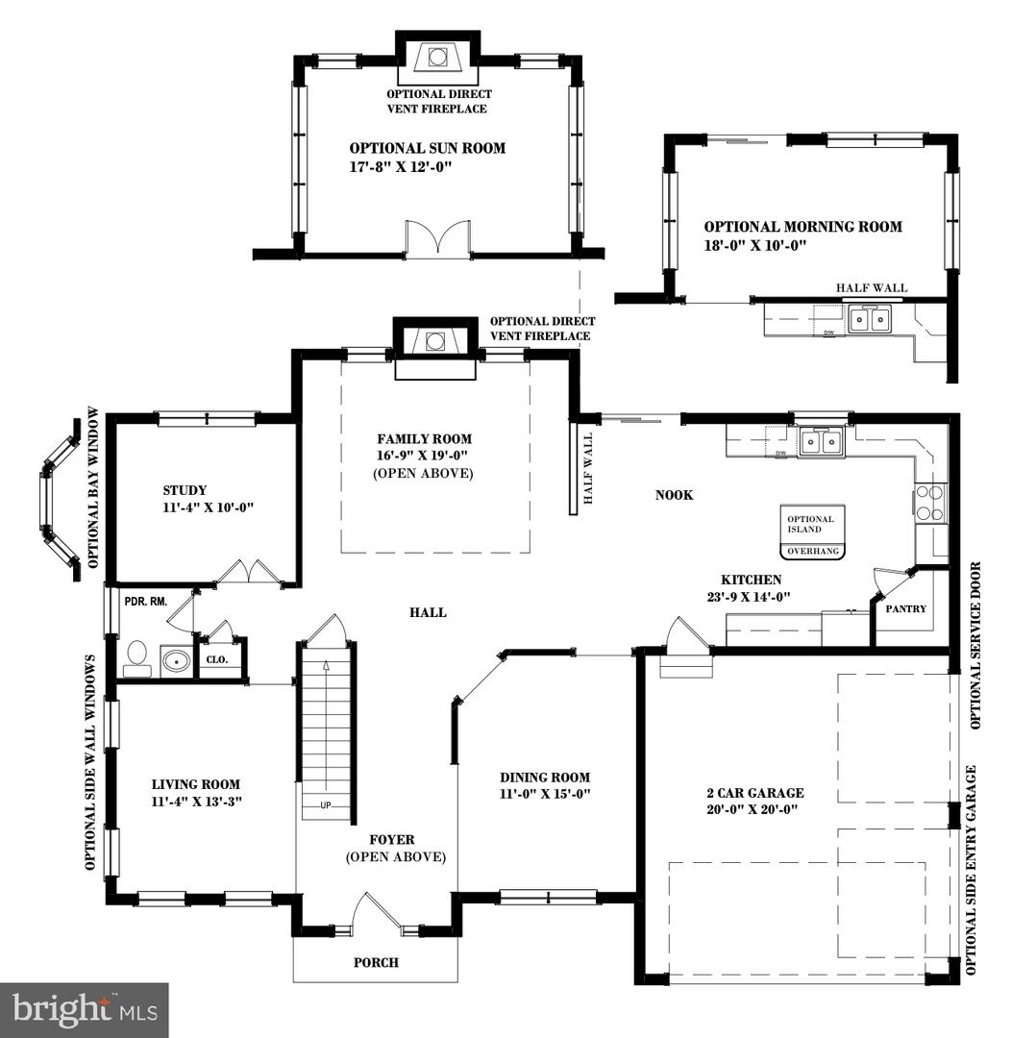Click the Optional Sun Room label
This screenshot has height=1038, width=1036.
click(427, 148)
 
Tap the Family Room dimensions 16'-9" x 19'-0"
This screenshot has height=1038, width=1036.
click(424, 457)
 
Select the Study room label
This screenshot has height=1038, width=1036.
click(185, 490)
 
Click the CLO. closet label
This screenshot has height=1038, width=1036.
click(216, 660)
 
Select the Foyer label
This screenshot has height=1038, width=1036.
click(395, 839)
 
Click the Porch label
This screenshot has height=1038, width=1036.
click(376, 962)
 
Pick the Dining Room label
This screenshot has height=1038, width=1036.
click(544, 778)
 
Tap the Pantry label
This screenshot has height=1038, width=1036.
click(906, 608)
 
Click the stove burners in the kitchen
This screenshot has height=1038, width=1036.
click(930, 502)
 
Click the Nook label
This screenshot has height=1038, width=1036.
click(674, 495)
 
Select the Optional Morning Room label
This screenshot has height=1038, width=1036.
click(802, 227)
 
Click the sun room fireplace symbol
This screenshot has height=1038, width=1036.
click(437, 58)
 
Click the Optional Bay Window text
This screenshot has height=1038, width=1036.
click(93, 487)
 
